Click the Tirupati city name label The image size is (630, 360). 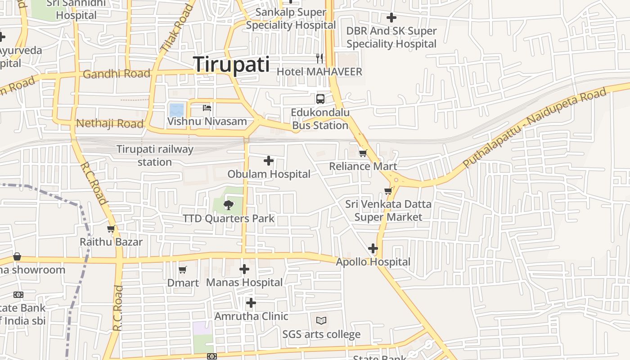[x=232, y=65]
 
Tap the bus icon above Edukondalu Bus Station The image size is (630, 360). [x=320, y=99]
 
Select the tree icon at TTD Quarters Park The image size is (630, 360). [x=229, y=205]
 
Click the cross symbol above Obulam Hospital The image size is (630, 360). [x=269, y=161]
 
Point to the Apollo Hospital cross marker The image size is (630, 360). [x=373, y=248]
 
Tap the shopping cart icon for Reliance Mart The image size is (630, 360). [x=363, y=153]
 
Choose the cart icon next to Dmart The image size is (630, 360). [x=182, y=270]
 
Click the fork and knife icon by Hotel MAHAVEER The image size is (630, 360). [x=319, y=58]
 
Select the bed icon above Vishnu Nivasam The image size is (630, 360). [x=207, y=108]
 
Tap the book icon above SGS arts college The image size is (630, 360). [x=321, y=321]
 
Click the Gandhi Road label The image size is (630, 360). [x=117, y=74]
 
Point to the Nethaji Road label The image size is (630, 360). [x=110, y=123]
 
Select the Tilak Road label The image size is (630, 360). [x=176, y=27]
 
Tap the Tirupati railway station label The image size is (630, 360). [x=155, y=155]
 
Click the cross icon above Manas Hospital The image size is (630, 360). [x=244, y=269]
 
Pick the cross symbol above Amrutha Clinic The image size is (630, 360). [x=251, y=303]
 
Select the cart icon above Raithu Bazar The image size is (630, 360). [x=111, y=229]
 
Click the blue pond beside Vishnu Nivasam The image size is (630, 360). [x=176, y=110]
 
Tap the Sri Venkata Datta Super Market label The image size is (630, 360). [x=388, y=211]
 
